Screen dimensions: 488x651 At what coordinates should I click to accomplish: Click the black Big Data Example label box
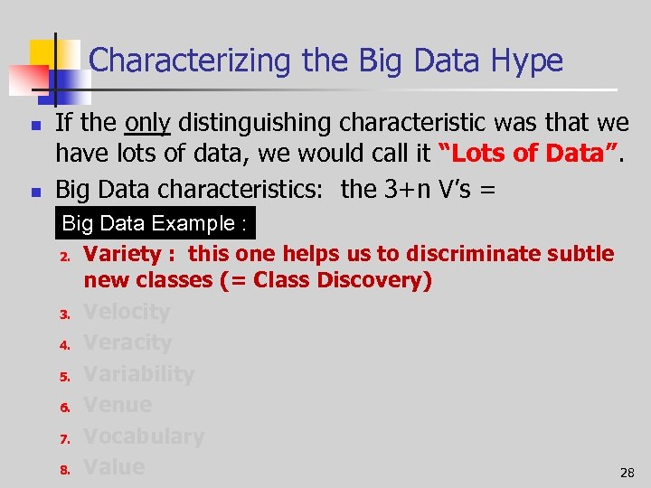(x=156, y=223)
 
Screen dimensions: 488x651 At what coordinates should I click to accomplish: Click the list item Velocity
(x=127, y=313)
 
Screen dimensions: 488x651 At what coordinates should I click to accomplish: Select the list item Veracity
(x=127, y=343)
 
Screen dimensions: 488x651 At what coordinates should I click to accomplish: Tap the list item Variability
(x=138, y=374)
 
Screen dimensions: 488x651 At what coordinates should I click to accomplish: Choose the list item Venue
(x=118, y=405)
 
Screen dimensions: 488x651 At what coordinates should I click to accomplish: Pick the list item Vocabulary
(x=144, y=436)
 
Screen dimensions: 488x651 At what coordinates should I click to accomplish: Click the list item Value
(x=114, y=467)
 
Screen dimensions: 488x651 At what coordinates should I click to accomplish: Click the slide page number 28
(x=627, y=473)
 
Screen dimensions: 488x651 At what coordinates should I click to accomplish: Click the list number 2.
(x=65, y=257)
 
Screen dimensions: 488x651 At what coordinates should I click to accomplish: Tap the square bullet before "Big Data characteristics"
(x=33, y=192)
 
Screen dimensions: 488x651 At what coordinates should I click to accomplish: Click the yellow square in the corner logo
(x=42, y=52)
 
